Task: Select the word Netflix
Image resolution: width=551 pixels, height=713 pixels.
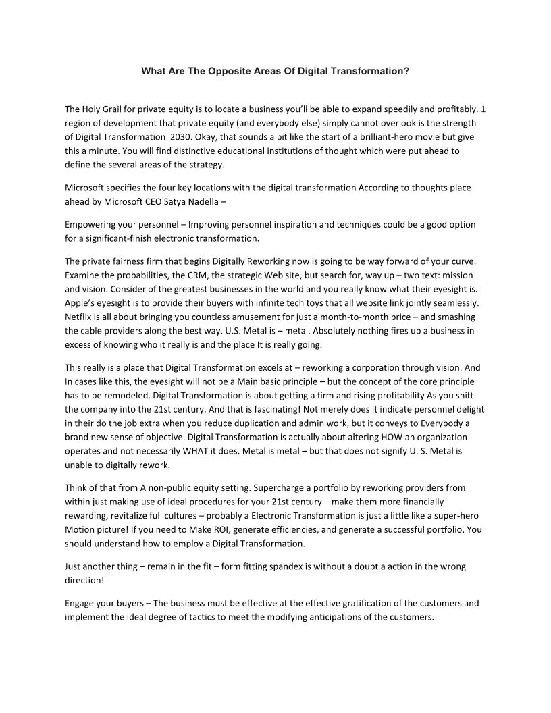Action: click(80, 317)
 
